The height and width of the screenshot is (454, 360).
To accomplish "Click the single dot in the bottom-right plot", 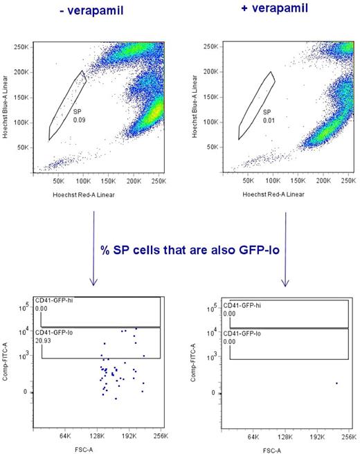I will point(336,383).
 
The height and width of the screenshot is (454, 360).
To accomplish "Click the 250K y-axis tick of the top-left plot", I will point(21,47).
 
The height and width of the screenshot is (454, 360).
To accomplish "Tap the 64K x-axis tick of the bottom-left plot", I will point(66,436).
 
